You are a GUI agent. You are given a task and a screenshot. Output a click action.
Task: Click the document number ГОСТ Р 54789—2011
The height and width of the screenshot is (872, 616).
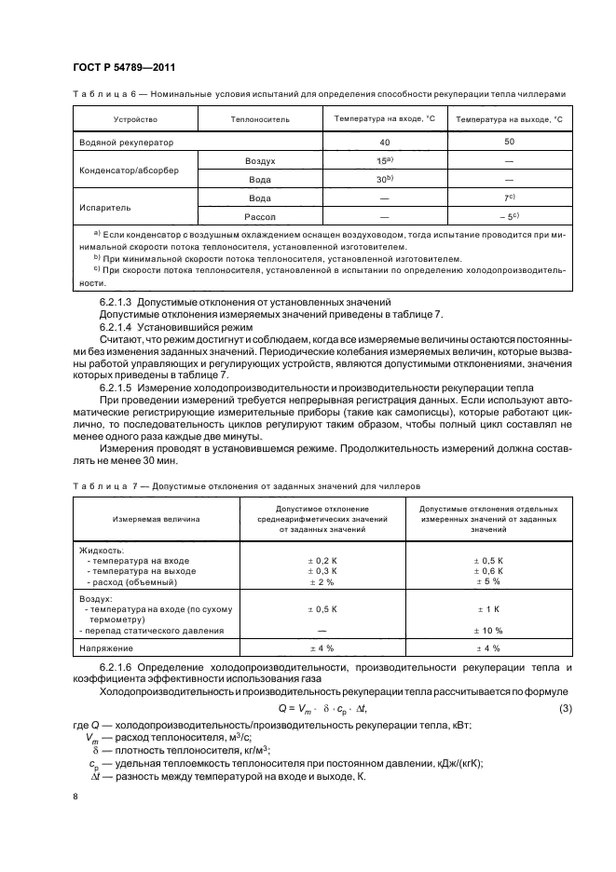point(123,67)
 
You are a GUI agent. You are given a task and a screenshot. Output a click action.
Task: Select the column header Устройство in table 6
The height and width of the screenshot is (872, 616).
point(135,119)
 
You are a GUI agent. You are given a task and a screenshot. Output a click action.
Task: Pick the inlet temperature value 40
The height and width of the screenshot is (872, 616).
point(384,142)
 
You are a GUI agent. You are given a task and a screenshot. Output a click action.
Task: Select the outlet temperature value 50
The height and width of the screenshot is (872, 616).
point(509,141)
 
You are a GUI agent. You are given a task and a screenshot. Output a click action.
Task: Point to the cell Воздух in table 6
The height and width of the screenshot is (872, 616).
point(259,161)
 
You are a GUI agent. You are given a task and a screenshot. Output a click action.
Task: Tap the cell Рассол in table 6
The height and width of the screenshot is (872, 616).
point(259,215)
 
